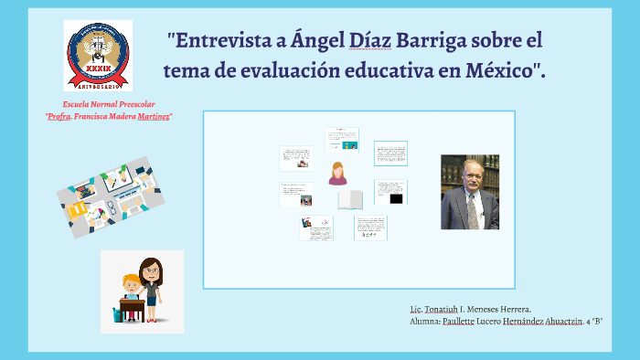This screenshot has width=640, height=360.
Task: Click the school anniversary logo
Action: (98, 56)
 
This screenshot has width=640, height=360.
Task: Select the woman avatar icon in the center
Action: (338, 173)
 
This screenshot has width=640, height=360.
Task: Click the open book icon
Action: (350, 199)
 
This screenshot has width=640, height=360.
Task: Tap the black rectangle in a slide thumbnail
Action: (396, 198)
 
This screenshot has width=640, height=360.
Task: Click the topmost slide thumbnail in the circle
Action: (343, 139)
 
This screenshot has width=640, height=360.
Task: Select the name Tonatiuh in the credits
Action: (445, 309)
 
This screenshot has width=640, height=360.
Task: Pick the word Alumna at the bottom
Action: (425, 321)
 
